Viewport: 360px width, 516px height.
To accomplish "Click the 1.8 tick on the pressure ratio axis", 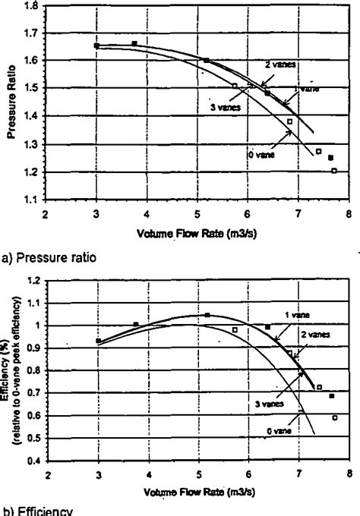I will [x=33, y=6].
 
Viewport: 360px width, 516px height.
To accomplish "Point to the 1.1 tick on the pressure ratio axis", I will [x=33, y=200].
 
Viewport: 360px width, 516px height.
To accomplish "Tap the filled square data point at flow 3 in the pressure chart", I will [x=96, y=46].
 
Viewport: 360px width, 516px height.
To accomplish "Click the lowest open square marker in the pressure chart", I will [x=334, y=171].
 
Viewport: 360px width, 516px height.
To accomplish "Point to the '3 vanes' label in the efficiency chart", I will [x=268, y=404].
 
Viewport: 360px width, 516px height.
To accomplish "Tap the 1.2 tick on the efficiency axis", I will [x=34, y=280].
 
